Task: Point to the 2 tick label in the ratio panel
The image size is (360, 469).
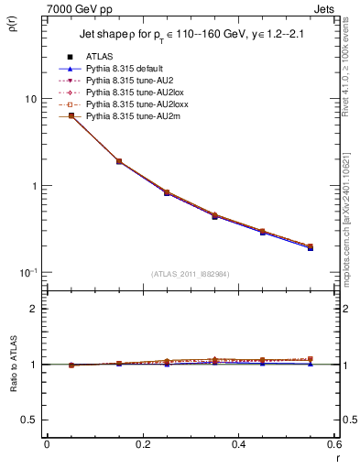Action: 34,309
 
